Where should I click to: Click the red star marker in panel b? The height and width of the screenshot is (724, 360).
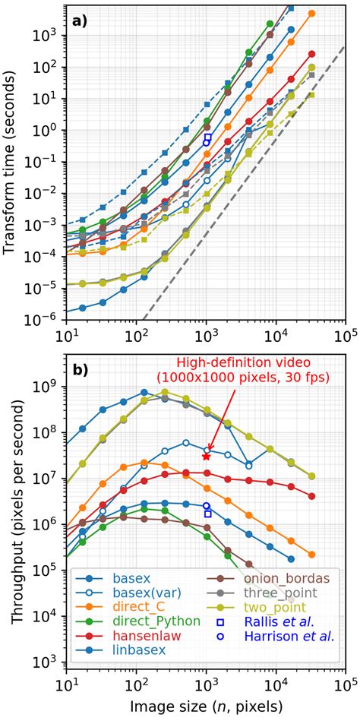pos(206,456)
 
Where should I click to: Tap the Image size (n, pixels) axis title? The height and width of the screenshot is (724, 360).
pos(206,707)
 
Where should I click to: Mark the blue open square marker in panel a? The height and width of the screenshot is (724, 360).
pos(207,138)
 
